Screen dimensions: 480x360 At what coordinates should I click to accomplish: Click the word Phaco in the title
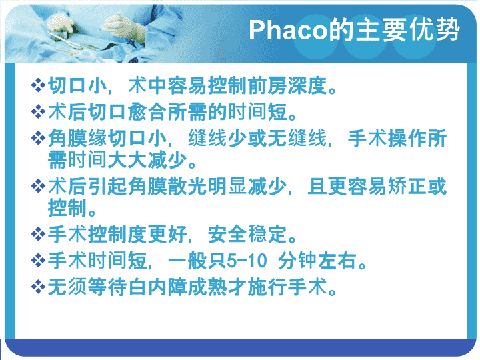coord(289,30)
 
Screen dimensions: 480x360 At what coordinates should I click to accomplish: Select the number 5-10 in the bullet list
coord(247,261)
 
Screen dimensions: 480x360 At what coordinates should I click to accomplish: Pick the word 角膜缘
coord(77,139)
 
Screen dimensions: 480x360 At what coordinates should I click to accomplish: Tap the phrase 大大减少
coord(147,160)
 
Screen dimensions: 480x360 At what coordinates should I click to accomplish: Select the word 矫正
coord(407,187)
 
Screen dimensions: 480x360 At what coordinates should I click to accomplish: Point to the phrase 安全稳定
coord(247,235)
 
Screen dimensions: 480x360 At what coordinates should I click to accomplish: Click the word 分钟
coord(297,261)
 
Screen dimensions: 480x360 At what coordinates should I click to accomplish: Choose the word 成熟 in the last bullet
coord(207,287)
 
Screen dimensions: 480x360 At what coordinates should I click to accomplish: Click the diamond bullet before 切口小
coord(38,85)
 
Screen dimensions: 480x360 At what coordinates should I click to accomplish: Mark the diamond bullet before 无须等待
coord(38,287)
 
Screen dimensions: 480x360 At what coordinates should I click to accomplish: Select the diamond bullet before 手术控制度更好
coord(38,235)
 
